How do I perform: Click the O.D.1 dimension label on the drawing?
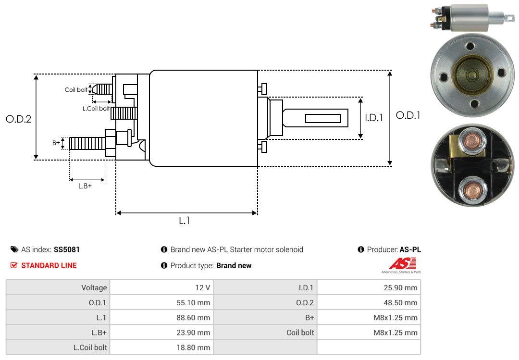(x=408, y=115)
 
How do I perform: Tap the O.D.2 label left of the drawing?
(x=19, y=119)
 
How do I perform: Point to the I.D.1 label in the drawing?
(x=374, y=118)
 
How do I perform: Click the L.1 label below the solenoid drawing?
(x=185, y=220)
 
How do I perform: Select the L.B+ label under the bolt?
(x=85, y=186)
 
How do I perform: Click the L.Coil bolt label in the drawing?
(x=96, y=108)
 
